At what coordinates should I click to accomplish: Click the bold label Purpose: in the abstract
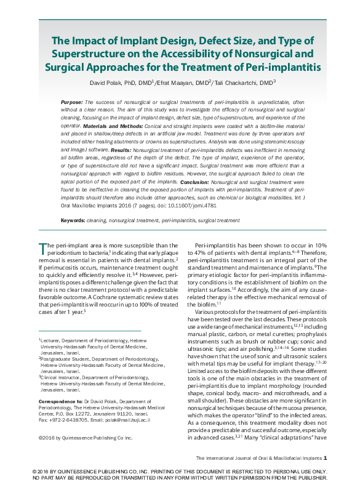[72, 101]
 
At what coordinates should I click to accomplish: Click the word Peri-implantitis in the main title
[283, 65]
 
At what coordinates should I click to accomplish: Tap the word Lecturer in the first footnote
[50, 339]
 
